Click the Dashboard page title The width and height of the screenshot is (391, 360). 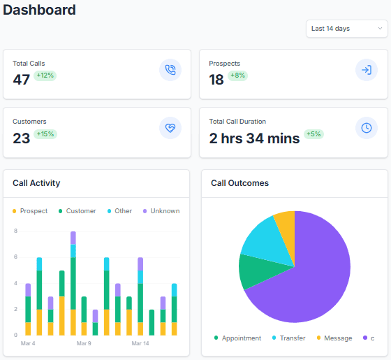click(x=39, y=10)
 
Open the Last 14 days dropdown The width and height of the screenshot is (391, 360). click(x=346, y=29)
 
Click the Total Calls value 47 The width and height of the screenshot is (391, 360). click(x=21, y=80)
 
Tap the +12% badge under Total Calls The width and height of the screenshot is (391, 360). click(x=45, y=75)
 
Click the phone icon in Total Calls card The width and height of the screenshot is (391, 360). click(x=170, y=70)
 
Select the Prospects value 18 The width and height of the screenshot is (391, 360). click(x=216, y=80)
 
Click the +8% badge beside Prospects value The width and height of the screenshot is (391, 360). click(x=239, y=75)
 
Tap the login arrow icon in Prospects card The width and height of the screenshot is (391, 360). click(x=366, y=70)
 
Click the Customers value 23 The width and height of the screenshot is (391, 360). click(x=21, y=138)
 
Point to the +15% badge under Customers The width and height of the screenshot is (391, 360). click(x=45, y=134)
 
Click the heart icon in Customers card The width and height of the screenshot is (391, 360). click(x=170, y=128)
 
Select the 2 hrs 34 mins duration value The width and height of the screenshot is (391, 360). click(x=254, y=138)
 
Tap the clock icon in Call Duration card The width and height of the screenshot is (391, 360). click(x=366, y=128)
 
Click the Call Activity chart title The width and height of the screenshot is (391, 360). click(x=36, y=183)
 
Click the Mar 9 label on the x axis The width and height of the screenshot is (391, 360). click(x=84, y=343)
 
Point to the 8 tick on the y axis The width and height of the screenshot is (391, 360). click(x=15, y=230)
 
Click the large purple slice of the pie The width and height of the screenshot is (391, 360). click(x=307, y=280)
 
